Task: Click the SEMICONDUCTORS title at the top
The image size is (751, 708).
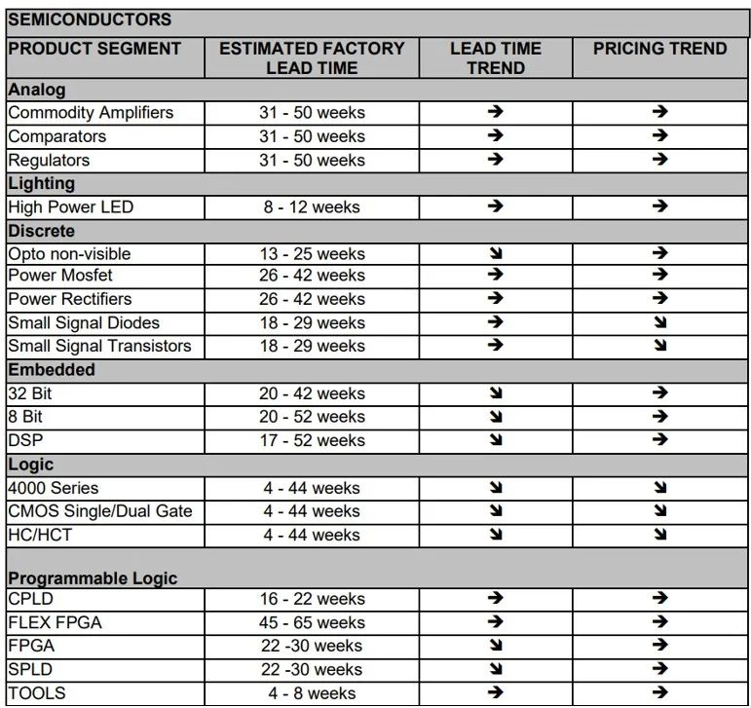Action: (x=89, y=19)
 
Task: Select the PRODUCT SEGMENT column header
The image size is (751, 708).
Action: (x=94, y=49)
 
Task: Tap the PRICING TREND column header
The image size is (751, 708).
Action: (x=659, y=49)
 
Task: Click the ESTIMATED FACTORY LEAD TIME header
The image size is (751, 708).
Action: (x=312, y=58)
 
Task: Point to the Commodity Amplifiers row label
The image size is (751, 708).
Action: (x=91, y=112)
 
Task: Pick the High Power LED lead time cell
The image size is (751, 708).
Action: (x=312, y=206)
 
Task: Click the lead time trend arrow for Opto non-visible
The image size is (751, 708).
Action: (x=495, y=253)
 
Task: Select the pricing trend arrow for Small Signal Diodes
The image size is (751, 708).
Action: (x=660, y=322)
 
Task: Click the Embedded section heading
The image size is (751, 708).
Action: (x=52, y=370)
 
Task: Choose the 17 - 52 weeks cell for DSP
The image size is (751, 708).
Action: (x=312, y=440)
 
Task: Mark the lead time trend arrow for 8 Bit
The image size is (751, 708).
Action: (x=495, y=417)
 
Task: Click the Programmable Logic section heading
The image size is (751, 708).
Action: (x=93, y=578)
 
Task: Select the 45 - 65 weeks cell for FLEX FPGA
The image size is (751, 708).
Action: (x=312, y=622)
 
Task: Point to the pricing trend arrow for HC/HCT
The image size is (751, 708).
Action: (x=660, y=535)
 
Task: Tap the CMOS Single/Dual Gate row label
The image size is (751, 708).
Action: (x=100, y=511)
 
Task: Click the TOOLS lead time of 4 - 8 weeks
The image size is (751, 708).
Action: (x=312, y=693)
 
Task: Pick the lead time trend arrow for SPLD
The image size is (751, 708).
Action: (x=495, y=669)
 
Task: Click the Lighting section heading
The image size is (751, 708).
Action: (x=41, y=183)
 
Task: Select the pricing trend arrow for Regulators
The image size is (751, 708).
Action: (x=660, y=160)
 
